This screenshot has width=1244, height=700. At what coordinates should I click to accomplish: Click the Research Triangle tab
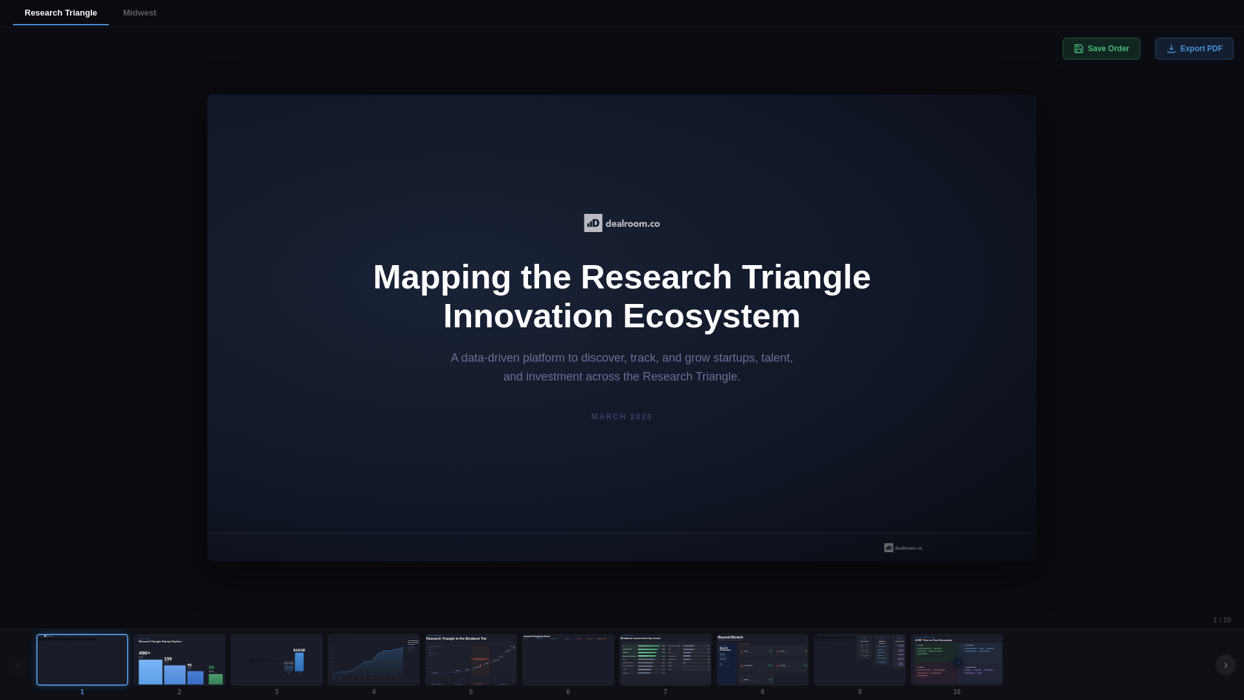click(x=61, y=13)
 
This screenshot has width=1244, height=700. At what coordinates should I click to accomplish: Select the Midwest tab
click(x=139, y=13)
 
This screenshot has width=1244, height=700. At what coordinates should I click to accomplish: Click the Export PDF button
click(x=1193, y=49)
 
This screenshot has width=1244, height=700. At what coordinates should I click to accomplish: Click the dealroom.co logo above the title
click(x=621, y=223)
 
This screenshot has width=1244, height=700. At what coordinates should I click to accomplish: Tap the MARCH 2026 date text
click(x=621, y=417)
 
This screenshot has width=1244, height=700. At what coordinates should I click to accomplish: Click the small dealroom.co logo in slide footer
click(x=903, y=548)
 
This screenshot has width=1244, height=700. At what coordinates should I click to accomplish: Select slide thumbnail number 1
click(x=82, y=660)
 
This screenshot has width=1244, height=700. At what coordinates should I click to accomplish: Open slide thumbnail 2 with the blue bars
click(x=179, y=660)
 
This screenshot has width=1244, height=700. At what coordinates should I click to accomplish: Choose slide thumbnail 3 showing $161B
click(x=277, y=660)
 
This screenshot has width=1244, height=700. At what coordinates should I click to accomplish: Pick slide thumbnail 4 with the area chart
click(x=374, y=660)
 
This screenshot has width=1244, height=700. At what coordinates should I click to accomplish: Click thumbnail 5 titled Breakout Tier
click(x=471, y=660)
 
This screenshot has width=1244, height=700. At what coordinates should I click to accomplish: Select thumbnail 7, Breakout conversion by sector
click(x=665, y=660)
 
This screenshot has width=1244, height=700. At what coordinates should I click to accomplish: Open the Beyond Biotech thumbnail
click(x=763, y=660)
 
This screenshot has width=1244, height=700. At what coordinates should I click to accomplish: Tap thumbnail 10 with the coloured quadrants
click(x=957, y=660)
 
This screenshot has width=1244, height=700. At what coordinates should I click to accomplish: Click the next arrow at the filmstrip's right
click(x=1225, y=665)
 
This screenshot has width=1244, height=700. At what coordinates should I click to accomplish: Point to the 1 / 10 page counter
click(x=1221, y=620)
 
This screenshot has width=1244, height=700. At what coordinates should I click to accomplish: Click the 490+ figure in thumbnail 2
click(x=144, y=653)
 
